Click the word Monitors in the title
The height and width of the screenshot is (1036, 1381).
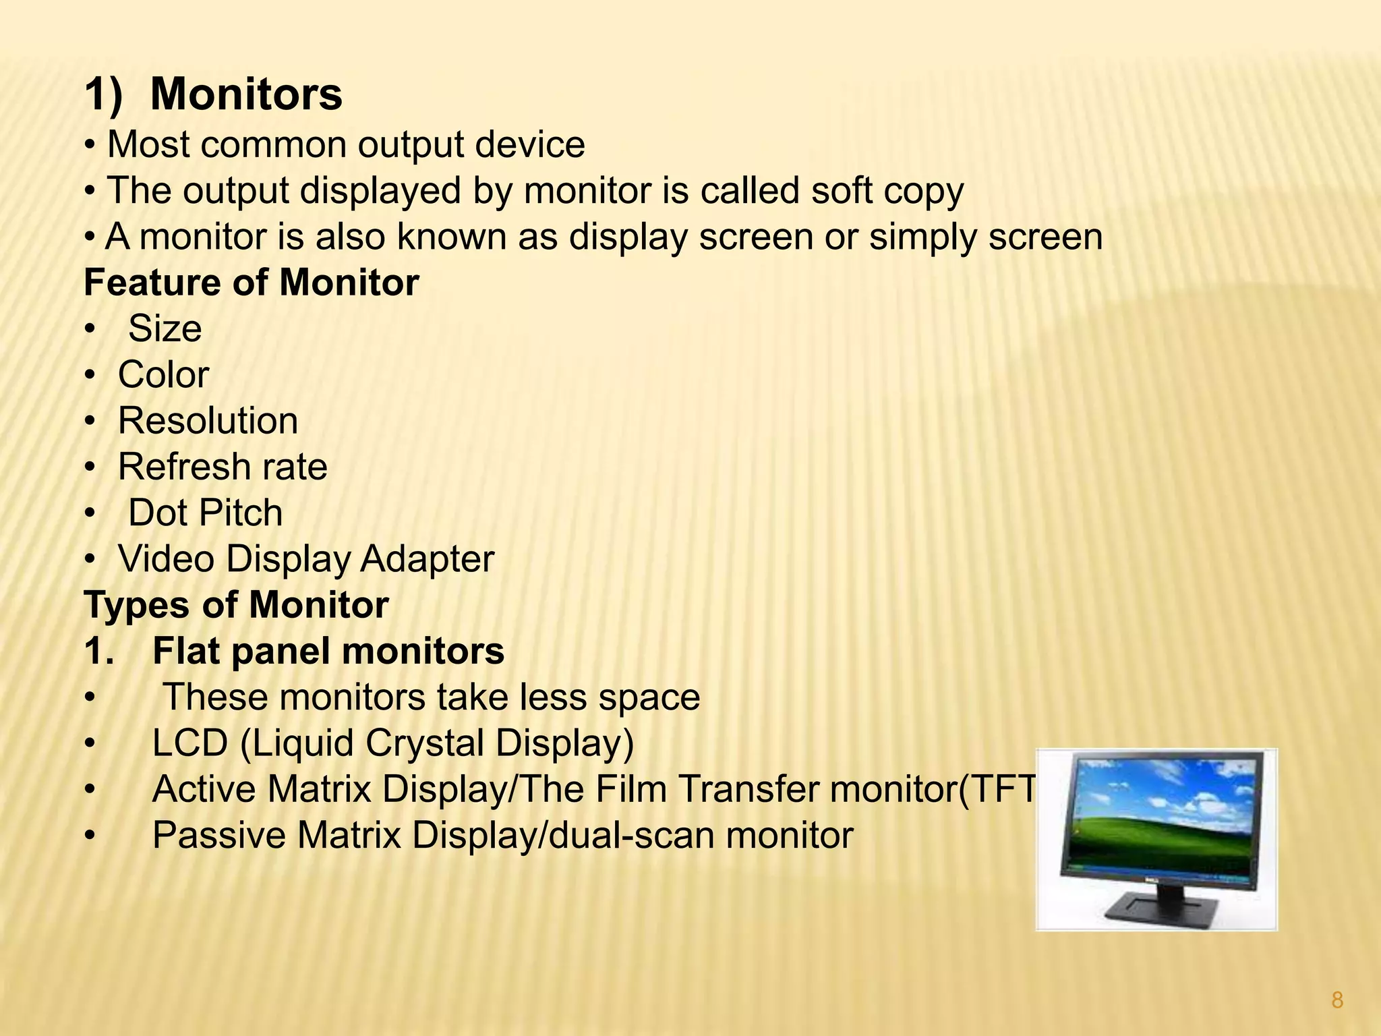click(246, 94)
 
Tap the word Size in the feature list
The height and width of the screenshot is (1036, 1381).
click(165, 329)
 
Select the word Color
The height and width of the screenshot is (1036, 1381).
click(163, 375)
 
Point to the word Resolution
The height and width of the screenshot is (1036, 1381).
click(208, 421)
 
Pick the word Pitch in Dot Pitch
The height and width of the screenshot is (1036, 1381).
click(239, 513)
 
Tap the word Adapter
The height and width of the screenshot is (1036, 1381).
click(427, 559)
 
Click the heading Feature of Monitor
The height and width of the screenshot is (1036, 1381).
click(251, 283)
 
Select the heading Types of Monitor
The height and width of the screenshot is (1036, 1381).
click(236, 605)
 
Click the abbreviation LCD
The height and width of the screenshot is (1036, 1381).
click(190, 743)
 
